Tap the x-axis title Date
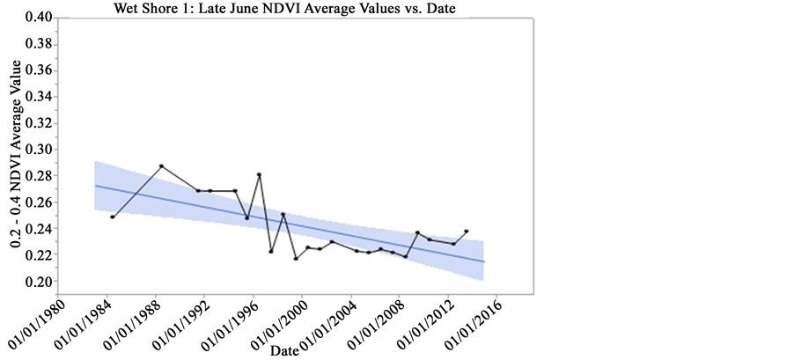(284, 350)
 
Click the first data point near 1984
(113, 217)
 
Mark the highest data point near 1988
(161, 166)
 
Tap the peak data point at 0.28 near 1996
(259, 174)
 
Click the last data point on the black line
(467, 231)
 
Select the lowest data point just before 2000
(296, 259)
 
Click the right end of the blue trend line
(484, 261)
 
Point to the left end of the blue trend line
(95, 186)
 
